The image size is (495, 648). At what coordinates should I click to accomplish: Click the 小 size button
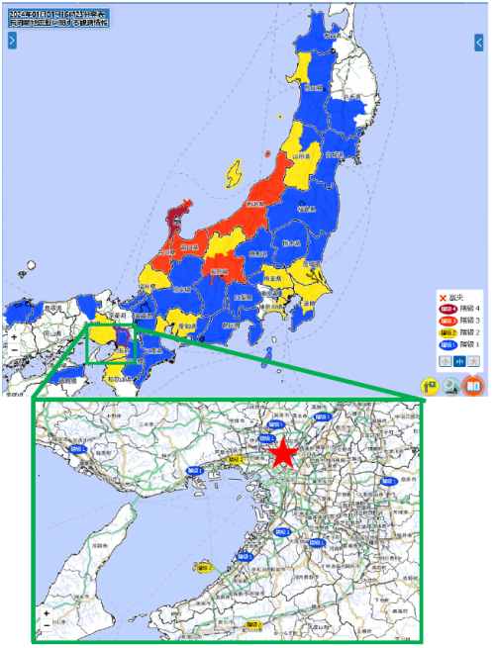pos(445,361)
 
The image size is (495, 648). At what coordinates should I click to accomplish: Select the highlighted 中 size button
pos(458,361)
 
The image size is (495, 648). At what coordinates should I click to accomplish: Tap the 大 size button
pos(472,361)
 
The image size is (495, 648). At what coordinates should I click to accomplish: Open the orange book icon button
pos(473,386)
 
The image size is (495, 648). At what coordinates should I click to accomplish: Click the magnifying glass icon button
pos(451,387)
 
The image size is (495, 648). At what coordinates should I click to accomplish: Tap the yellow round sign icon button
pos(431,387)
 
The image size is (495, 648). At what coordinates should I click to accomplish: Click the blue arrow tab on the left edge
pos(11,41)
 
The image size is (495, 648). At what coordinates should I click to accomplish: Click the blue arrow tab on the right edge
pos(479,41)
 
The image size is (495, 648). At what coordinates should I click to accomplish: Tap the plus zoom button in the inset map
pos(47,612)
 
